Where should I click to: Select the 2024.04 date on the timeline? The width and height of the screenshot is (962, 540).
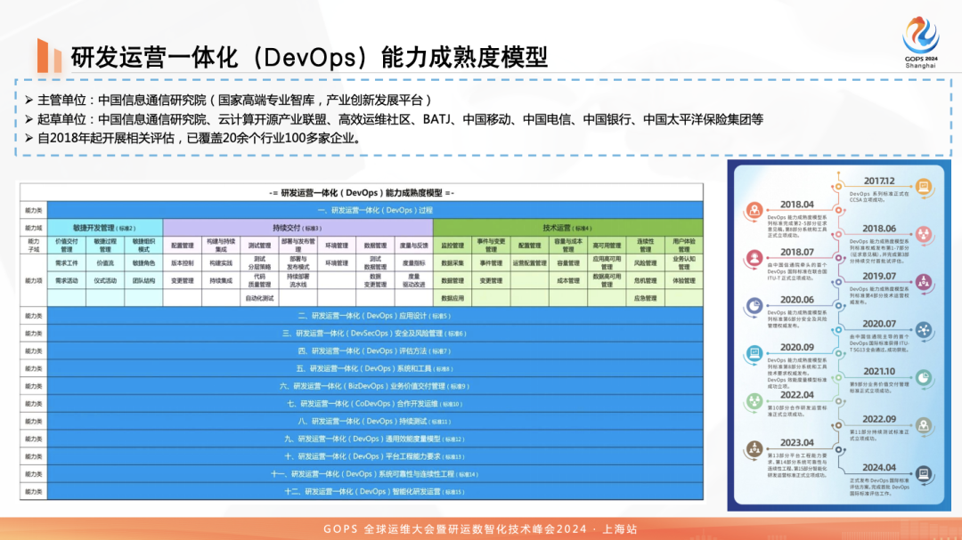[x=878, y=467]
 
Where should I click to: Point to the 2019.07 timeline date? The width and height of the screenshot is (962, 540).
[x=878, y=276]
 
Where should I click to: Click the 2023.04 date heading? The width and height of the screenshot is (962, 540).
[x=797, y=442]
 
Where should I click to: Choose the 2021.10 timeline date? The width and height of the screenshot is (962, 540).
[x=878, y=371]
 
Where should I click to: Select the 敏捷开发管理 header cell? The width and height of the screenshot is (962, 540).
[x=105, y=228]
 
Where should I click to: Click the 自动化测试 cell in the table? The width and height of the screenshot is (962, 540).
[x=260, y=298]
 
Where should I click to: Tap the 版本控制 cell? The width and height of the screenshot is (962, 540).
[x=183, y=262]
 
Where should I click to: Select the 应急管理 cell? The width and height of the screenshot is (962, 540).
[x=646, y=298]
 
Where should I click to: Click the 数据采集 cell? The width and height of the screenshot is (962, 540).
[x=452, y=262]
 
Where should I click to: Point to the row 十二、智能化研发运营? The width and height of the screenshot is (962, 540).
[x=374, y=491]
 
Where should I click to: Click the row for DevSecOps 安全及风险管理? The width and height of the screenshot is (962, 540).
[x=374, y=334]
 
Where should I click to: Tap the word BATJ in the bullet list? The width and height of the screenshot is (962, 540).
[x=439, y=119]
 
